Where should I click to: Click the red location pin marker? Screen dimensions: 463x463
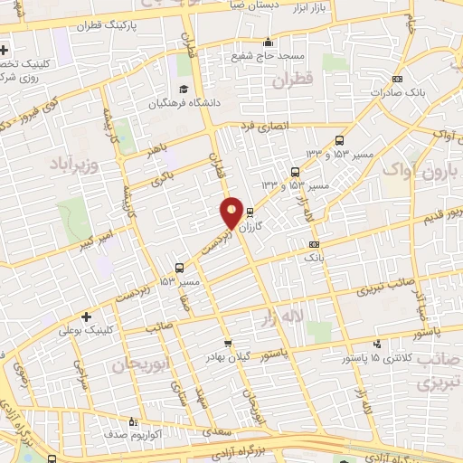[232, 213]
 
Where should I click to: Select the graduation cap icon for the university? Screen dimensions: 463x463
[184, 89]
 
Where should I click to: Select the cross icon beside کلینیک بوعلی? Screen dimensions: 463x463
[86, 317]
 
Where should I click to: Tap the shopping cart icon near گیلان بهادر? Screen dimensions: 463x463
[228, 343]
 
